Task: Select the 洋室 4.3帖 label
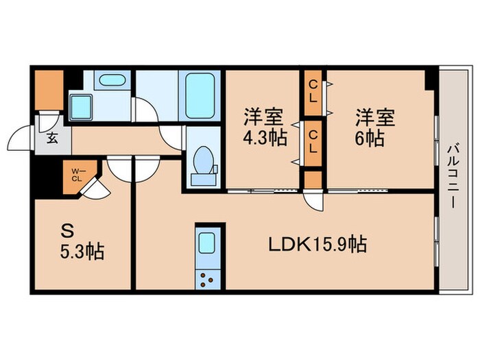[263, 128]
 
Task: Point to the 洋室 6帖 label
[374, 128]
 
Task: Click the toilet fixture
[202, 165]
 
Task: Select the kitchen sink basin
[207, 244]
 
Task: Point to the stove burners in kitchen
[207, 277]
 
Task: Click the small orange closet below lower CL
[313, 179]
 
